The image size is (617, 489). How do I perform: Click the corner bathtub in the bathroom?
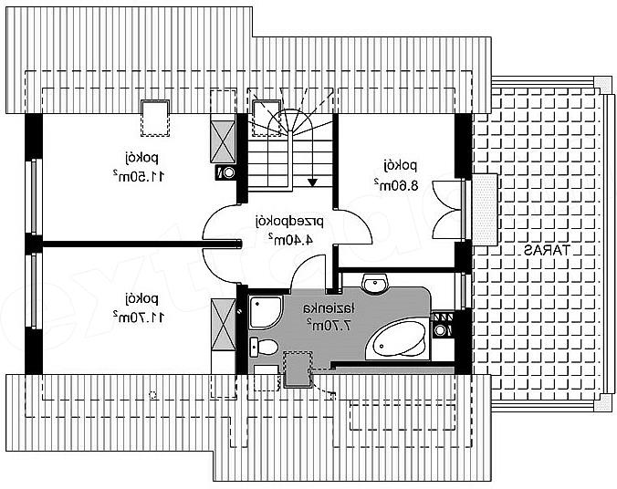pos(397,340)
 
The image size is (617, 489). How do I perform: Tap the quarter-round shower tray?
pos(266,312)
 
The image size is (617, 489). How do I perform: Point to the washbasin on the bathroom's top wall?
pos(375,284)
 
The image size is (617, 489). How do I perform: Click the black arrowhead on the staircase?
pos(312,182)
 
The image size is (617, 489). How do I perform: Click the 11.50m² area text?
pos(139,177)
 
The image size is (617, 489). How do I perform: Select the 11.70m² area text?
pos(139,317)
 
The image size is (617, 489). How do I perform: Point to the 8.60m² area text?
pos(395,185)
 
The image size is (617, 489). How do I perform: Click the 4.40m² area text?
pos(291,240)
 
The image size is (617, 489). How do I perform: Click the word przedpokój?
pos(290,223)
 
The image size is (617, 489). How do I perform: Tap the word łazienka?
pos(329,308)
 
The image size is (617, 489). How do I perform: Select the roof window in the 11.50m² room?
pos(155,119)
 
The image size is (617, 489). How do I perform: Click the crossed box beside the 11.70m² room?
pos(223,324)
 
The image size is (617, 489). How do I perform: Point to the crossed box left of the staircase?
pos(223,141)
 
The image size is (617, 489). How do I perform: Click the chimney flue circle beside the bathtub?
pos(440,330)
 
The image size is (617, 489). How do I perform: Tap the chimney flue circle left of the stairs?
pos(228,172)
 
